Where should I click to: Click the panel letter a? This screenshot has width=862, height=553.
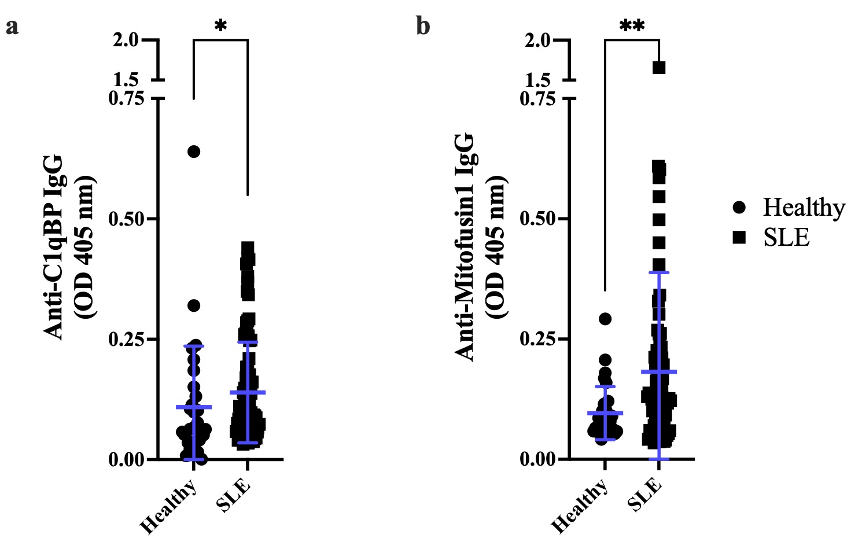(12, 27)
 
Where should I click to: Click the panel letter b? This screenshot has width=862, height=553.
(423, 26)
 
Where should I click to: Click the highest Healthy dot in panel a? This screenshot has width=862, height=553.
(193, 152)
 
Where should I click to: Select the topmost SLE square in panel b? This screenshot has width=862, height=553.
(659, 68)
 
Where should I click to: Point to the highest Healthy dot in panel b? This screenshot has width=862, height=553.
(605, 319)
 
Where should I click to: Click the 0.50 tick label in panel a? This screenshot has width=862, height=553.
(126, 219)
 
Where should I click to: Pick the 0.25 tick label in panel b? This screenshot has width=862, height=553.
(537, 339)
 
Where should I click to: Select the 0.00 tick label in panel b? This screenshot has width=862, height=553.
(537, 459)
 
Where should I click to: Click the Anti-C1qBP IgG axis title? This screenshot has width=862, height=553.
(54, 246)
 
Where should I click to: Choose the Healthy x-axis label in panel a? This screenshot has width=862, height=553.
(168, 506)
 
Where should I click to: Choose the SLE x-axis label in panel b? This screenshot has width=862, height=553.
(645, 495)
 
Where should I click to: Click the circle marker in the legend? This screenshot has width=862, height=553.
(739, 207)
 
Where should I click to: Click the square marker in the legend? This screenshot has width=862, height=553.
(739, 237)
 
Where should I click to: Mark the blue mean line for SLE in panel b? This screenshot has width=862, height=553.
(659, 371)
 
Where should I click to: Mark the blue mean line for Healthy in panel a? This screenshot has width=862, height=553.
(193, 407)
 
